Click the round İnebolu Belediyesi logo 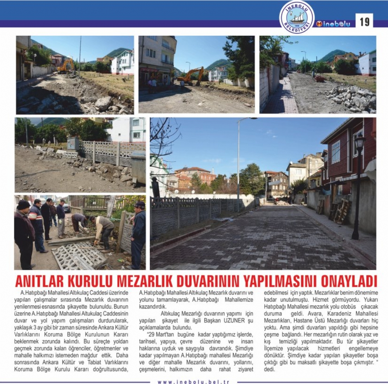(x=297, y=17)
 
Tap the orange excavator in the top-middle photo (x=191, y=75)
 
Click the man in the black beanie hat (x=24, y=233)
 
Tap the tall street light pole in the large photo (x=238, y=163)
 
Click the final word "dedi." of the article (x=269, y=369)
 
